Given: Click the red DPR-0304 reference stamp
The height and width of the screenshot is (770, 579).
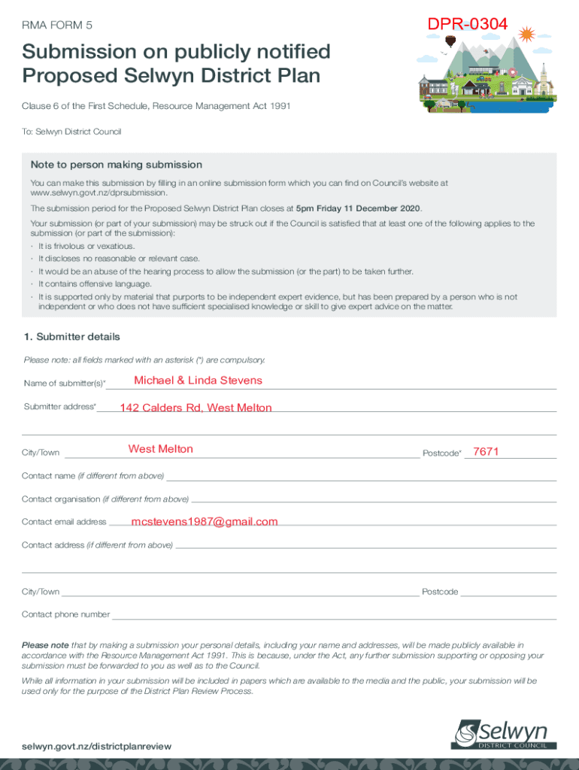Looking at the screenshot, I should (x=468, y=25).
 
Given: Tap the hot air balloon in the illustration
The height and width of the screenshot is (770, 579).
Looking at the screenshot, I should (x=450, y=41).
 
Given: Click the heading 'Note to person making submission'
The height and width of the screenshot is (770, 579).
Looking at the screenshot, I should (x=116, y=165).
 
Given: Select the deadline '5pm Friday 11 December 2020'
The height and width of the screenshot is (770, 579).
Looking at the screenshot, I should (x=359, y=208).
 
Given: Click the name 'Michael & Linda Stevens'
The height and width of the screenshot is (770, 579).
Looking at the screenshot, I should (x=198, y=380).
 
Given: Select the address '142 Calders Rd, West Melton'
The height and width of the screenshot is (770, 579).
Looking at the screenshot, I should (x=196, y=408).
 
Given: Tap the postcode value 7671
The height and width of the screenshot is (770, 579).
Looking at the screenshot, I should (x=486, y=451).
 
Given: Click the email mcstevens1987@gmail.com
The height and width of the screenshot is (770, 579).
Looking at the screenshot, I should (x=204, y=522).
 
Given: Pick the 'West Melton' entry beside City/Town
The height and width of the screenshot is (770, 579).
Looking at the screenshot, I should (x=160, y=450).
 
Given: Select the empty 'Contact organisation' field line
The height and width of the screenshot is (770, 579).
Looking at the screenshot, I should (x=374, y=501).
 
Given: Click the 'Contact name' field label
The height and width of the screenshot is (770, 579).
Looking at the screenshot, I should (x=92, y=477).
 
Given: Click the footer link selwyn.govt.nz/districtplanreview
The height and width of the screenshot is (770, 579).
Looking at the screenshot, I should (x=96, y=746).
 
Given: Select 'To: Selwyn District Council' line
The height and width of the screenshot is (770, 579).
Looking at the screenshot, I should (x=71, y=132).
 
